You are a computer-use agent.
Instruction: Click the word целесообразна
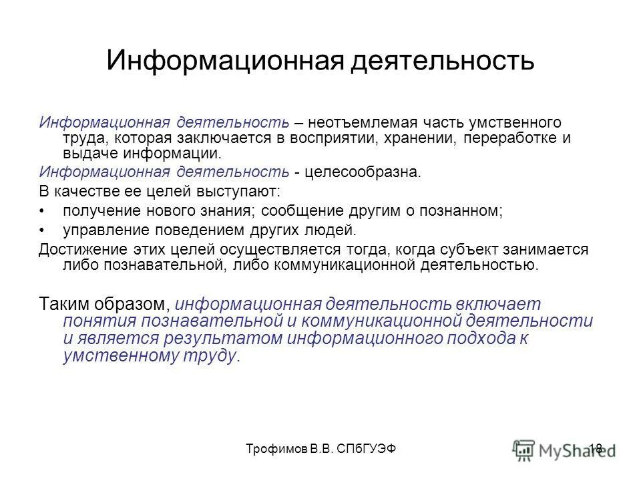coord(363,172)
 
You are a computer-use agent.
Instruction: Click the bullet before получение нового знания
coord(42,211)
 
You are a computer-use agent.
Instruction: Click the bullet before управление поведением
coord(42,230)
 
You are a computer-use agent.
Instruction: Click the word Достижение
coord(75,249)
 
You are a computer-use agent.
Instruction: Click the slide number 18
coord(596,449)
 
